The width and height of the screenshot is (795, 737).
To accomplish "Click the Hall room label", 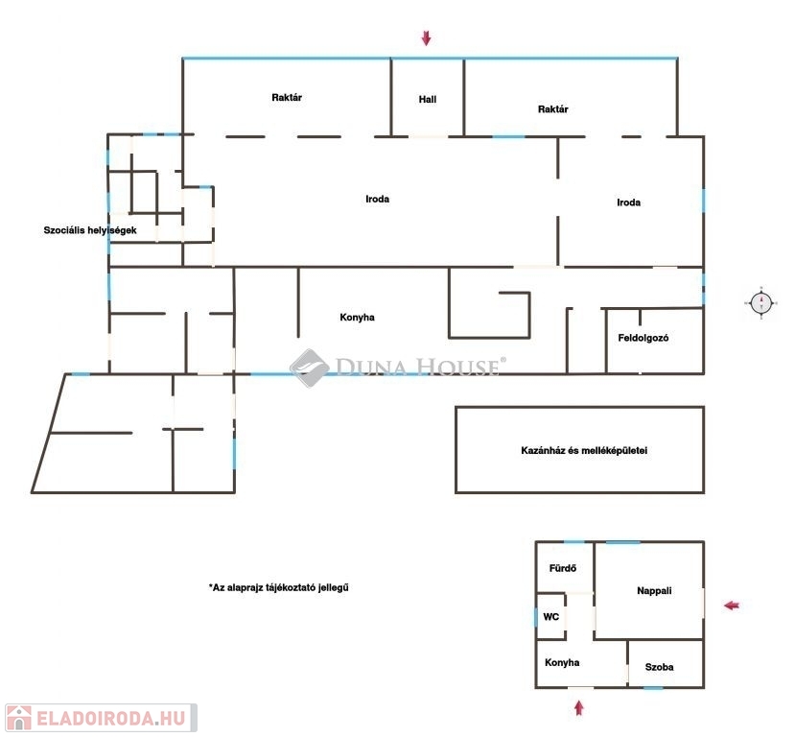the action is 428,100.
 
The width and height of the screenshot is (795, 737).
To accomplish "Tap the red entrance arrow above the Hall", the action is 427,37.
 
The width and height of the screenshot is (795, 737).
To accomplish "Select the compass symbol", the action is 761,303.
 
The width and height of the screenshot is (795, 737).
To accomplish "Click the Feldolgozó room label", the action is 643,338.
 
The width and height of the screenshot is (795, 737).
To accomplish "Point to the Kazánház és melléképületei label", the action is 584,450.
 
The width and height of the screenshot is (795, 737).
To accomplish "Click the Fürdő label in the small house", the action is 563,568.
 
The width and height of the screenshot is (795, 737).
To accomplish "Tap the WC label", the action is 551,617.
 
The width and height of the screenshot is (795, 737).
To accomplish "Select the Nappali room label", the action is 654,590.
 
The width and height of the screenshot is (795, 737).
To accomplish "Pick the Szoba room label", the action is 659,667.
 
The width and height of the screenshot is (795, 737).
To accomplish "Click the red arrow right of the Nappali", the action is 732,606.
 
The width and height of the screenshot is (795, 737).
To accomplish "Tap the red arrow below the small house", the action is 579,707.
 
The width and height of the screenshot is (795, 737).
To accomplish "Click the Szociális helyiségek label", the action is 90,230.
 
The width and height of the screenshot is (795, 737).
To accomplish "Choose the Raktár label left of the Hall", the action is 287,97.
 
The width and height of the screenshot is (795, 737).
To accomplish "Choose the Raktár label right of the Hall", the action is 552,109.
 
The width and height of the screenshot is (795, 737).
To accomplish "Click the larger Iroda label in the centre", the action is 377,200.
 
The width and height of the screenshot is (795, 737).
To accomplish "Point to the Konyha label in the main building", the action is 357,318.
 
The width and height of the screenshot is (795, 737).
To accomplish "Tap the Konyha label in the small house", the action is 562,662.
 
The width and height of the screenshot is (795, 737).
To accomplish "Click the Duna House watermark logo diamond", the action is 310,368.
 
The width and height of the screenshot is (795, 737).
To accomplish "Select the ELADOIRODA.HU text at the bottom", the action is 110,718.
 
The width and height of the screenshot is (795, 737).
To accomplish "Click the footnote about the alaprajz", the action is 278,588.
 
